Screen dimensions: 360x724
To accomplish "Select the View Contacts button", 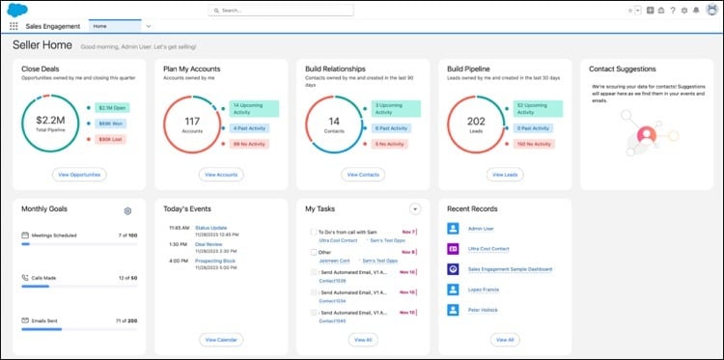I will pyautogui.click(x=363, y=175).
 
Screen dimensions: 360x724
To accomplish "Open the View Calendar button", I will pyautogui.click(x=221, y=340).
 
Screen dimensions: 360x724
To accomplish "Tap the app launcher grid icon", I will pyautogui.click(x=14, y=26).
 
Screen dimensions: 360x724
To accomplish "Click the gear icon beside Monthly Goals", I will pyautogui.click(x=127, y=210).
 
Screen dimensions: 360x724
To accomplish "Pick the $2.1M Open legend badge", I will pyautogui.click(x=113, y=109).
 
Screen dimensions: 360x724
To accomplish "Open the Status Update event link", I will pyautogui.click(x=209, y=228).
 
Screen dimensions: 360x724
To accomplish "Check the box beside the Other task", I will pyautogui.click(x=313, y=252).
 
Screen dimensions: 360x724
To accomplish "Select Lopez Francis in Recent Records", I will pyautogui.click(x=486, y=290).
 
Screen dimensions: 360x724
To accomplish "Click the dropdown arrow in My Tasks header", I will pyautogui.click(x=415, y=208).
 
